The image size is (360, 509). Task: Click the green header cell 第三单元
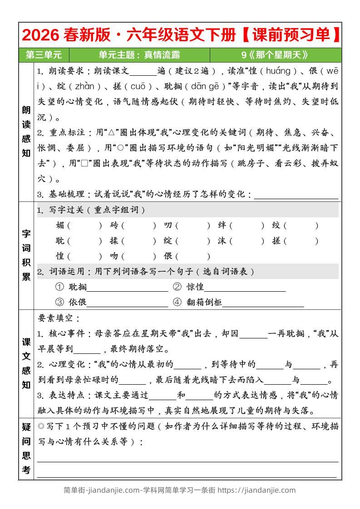click(x=44, y=55)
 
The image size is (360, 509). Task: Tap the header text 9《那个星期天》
click(x=275, y=55)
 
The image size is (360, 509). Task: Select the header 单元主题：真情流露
click(x=139, y=55)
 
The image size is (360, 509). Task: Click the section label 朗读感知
click(x=26, y=132)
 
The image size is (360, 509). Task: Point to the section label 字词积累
click(x=26, y=255)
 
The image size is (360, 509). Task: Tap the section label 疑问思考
click(x=26, y=449)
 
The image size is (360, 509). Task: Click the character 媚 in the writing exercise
click(x=60, y=225)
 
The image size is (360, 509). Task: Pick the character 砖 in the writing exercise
click(x=114, y=225)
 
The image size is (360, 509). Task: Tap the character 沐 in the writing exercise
click(x=222, y=241)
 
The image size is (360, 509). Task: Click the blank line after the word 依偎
click(x=127, y=303)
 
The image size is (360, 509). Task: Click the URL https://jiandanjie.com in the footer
click(x=256, y=490)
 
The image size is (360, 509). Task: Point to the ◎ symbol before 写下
click(x=41, y=426)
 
